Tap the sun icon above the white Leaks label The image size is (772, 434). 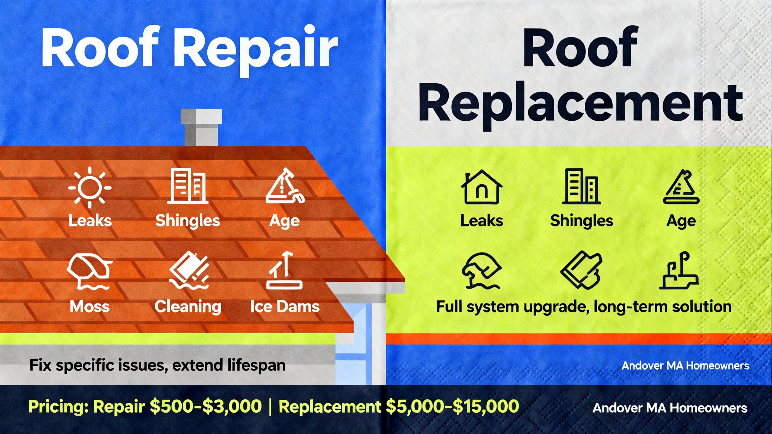(89, 188)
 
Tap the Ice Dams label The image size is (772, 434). (285, 307)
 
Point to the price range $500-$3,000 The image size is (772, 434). (205, 407)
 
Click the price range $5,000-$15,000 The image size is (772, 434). (452, 407)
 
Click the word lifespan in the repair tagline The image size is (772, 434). (256, 365)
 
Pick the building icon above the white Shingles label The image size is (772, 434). (188, 186)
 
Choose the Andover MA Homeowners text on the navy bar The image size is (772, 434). (670, 408)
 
